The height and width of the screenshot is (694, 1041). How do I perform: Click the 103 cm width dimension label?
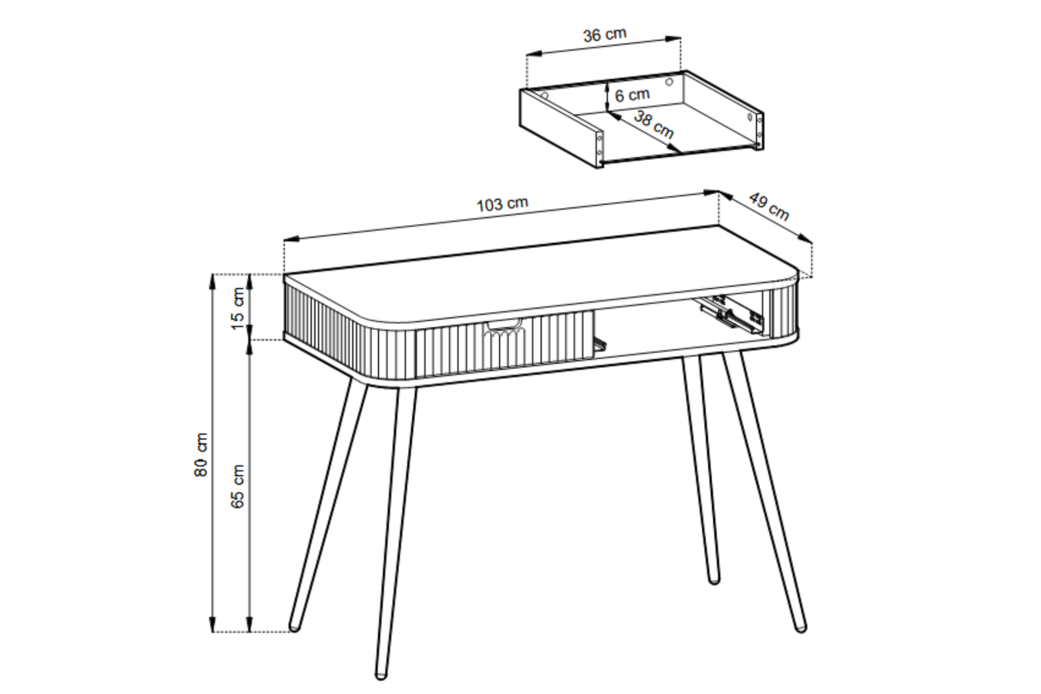pos(502,204)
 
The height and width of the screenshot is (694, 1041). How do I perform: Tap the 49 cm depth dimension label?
pos(769,207)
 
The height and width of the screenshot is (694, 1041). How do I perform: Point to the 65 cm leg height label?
pos(237,486)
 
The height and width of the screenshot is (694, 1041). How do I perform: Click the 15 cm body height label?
pos(237,309)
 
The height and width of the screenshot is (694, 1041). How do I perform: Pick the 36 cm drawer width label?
pos(604,35)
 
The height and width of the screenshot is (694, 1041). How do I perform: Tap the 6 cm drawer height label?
pos(632,95)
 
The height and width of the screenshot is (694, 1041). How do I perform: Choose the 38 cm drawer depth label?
pos(654,124)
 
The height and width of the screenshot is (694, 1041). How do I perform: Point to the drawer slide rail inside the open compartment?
pos(729,317)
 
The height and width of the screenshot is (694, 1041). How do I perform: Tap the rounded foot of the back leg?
pos(713,579)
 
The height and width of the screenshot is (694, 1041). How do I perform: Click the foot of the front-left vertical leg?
pos(381,675)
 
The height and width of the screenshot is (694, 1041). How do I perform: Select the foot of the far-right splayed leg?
pos(800,628)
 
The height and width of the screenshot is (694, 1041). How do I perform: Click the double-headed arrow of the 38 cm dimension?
pos(644,132)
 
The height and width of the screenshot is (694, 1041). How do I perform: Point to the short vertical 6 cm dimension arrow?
pos(607,97)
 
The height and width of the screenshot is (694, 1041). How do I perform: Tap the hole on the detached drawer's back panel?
pos(669,82)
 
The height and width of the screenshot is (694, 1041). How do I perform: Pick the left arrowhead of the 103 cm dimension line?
pos(291,239)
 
